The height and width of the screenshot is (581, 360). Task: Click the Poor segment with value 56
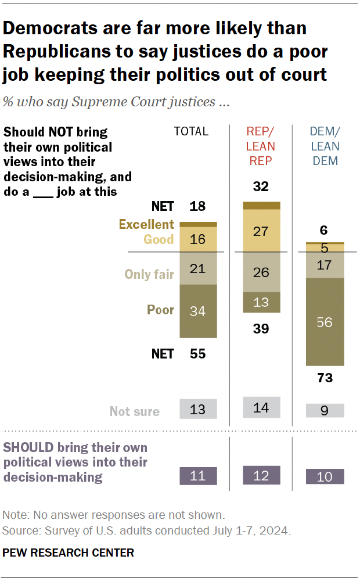pos(325,322)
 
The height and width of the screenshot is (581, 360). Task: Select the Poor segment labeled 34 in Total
pos(198,311)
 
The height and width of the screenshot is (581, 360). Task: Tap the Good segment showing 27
pos(261,231)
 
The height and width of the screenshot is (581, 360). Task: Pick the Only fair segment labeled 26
pos(261,272)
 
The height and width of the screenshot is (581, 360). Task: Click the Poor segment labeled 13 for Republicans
pos(261,302)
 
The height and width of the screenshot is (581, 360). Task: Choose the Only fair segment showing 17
pos(325,265)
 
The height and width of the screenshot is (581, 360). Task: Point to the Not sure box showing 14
pos(261,407)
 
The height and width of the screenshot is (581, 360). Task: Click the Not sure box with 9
pos(325,410)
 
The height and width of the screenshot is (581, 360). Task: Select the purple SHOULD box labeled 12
pos(261,475)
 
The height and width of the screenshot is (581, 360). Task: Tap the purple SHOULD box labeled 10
pos(325,476)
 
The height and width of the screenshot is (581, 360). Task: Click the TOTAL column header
pos(191,131)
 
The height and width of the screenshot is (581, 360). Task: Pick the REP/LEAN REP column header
pos(261,146)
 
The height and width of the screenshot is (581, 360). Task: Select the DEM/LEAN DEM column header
pos(325,146)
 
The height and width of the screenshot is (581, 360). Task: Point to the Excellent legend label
pos(146,224)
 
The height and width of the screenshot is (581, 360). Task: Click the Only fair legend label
pos(149,274)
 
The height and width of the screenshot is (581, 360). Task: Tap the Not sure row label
pos(135,411)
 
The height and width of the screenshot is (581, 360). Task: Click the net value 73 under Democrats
pos(325,378)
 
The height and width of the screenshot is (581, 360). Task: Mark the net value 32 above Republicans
pos(261,187)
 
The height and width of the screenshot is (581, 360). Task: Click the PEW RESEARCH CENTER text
pos(69,553)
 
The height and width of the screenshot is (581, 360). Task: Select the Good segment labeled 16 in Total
pos(198,239)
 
